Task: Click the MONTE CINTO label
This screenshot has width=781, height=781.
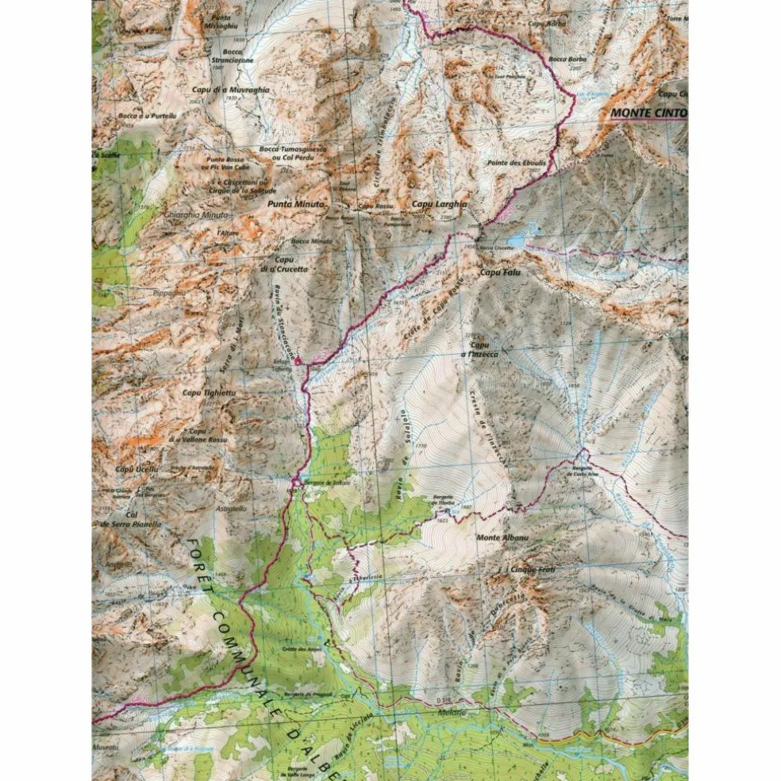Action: (x=647, y=113)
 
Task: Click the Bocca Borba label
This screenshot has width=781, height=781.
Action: (x=566, y=59)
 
